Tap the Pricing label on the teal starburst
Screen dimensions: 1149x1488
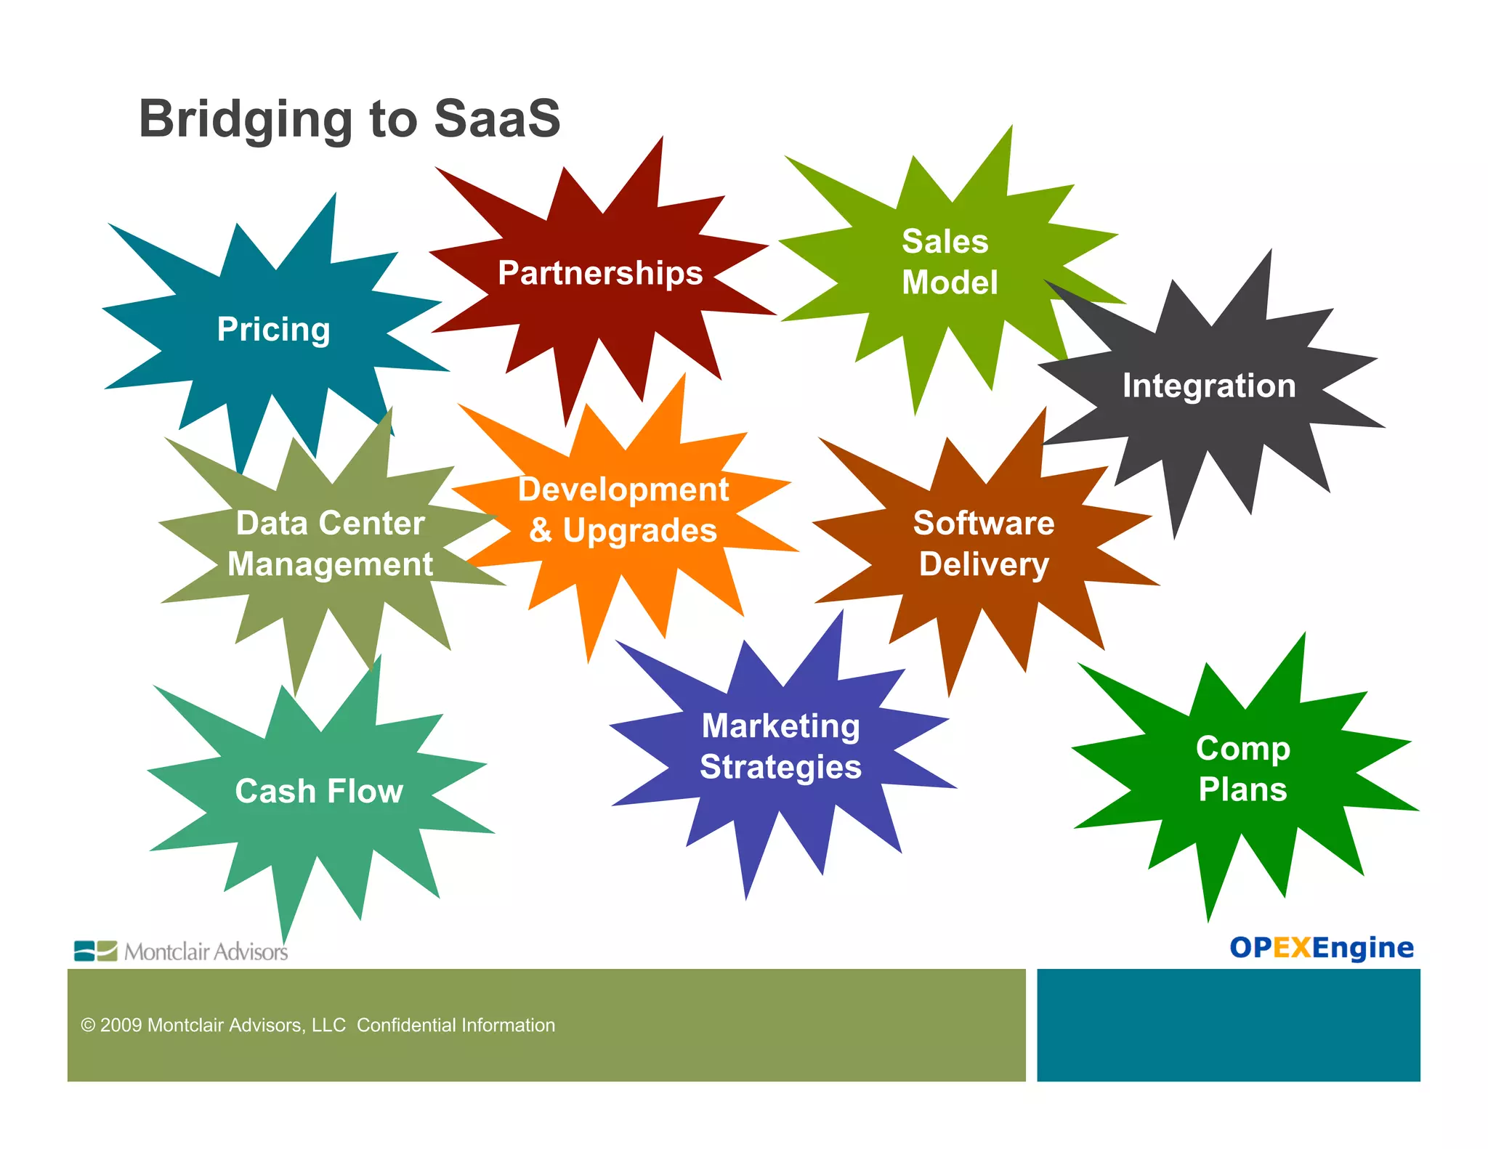[x=273, y=330]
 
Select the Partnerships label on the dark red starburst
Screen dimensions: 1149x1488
[x=600, y=273]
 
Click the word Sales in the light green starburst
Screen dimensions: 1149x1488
[x=945, y=241]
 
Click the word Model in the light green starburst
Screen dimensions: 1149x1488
[x=950, y=283]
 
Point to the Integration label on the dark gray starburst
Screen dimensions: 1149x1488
[x=1208, y=386]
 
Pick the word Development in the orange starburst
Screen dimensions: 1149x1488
[x=623, y=490]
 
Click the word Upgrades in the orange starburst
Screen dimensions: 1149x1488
[x=639, y=531]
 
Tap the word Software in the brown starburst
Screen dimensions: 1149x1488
[x=983, y=523]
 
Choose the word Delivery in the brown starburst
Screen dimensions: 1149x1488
[x=984, y=564]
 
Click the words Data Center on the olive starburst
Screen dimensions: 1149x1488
[x=330, y=523]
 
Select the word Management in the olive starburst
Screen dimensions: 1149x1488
[x=330, y=564]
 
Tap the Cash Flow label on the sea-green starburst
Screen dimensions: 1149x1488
[x=319, y=791]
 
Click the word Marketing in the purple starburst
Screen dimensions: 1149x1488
[x=780, y=726]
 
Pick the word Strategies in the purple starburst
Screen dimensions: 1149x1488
[x=780, y=767]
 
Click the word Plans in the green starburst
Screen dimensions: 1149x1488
[x=1242, y=789]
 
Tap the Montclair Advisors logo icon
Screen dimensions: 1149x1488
[x=95, y=951]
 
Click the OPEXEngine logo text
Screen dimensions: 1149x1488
[x=1321, y=948]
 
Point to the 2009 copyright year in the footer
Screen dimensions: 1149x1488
[x=121, y=1025]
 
